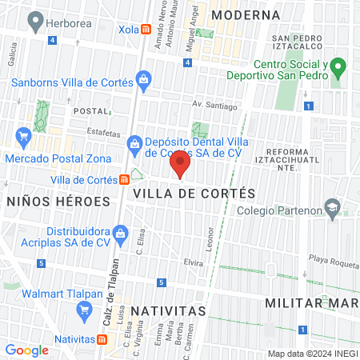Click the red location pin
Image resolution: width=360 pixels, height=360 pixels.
coord(180,166)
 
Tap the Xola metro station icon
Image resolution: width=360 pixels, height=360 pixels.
coord(146,30)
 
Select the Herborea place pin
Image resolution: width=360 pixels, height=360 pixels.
coord(34,24)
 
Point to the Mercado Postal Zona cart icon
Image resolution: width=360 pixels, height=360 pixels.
coord(23,138)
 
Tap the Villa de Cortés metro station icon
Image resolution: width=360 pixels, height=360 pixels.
coord(124,180)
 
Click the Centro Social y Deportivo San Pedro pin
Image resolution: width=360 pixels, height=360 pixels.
coord(338,66)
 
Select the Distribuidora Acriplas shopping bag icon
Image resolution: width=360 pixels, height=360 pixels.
coord(121,234)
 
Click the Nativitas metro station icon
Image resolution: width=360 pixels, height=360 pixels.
coord(103,340)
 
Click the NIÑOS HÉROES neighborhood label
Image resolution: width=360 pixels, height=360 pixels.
coord(58,202)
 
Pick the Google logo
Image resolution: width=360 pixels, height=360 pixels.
coord(26,350)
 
